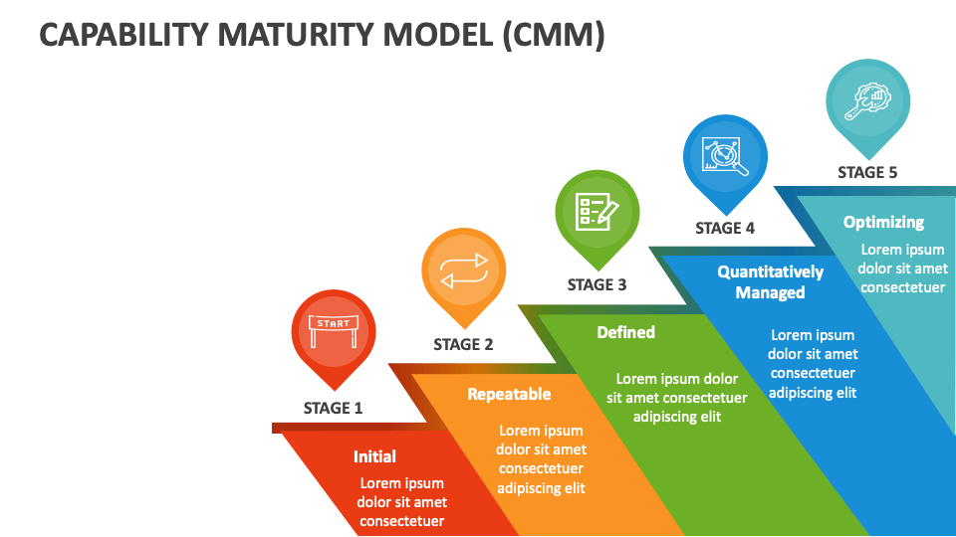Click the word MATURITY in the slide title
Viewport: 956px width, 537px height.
(355, 34)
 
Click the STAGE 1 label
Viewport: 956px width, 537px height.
(333, 408)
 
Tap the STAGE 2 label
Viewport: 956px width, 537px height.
(463, 345)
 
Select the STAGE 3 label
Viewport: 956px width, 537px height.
(597, 285)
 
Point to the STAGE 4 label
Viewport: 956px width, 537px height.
(725, 229)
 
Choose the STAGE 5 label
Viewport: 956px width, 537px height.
(867, 173)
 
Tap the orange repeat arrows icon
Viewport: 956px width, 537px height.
(464, 270)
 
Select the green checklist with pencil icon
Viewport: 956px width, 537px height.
(597, 212)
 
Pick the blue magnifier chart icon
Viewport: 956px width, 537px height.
(725, 156)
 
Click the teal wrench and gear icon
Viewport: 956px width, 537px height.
(867, 101)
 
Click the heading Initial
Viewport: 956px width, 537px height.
(375, 456)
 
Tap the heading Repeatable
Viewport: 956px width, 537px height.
(509, 395)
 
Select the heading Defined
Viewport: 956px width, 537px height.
(626, 332)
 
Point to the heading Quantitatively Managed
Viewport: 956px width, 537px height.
(771, 281)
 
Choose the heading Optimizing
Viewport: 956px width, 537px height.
(884, 222)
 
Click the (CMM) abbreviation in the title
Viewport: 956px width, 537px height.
(554, 35)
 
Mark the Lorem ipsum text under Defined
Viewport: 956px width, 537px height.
(677, 398)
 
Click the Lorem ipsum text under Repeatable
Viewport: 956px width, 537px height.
(541, 459)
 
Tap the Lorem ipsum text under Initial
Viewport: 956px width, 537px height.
(401, 502)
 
